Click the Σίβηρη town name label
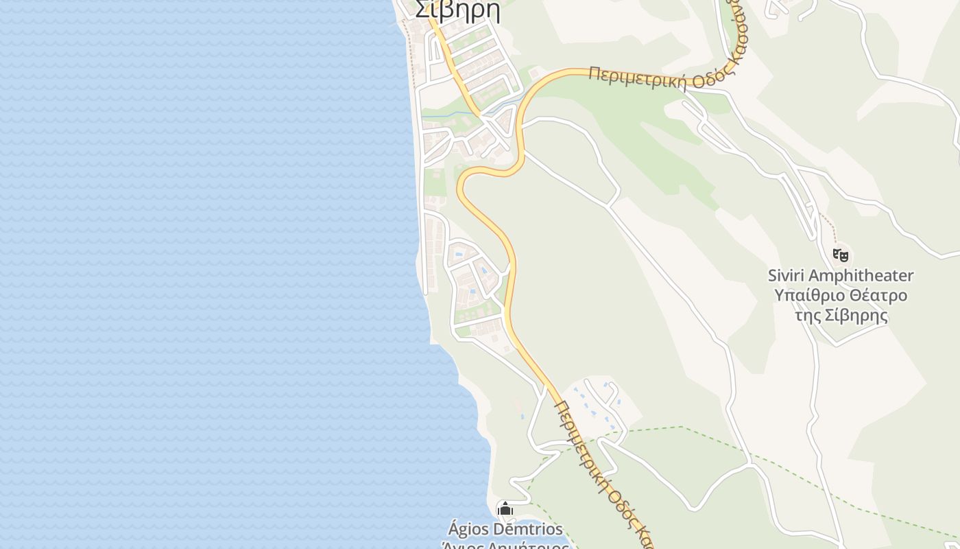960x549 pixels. (x=457, y=11)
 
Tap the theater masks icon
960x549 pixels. (x=841, y=255)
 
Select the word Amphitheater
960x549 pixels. (x=861, y=276)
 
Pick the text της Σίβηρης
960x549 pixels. (x=841, y=316)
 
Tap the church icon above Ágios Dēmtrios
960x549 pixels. (x=505, y=509)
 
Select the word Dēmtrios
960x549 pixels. (x=527, y=529)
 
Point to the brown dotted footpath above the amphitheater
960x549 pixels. (x=828, y=224)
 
